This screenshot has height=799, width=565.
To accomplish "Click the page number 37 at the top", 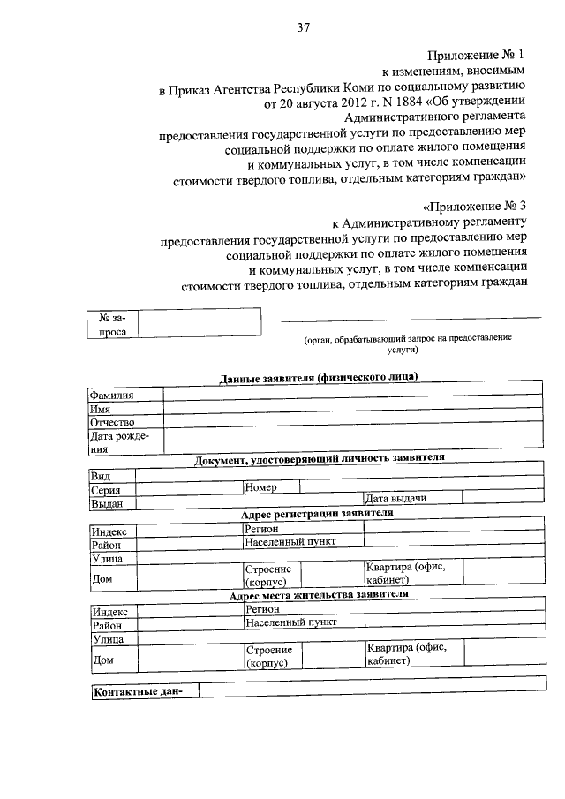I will [x=303, y=26].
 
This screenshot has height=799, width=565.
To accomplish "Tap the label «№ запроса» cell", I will [x=113, y=323].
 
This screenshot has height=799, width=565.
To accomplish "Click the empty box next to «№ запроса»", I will [x=200, y=322].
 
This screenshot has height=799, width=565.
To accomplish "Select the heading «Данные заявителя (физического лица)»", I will [x=318, y=378].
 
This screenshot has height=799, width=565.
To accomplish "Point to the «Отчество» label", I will [x=111, y=422].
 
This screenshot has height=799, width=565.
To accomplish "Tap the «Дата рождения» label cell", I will [x=124, y=441].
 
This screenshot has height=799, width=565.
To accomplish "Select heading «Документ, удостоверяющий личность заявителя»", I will [x=319, y=457].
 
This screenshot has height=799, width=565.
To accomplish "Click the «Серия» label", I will [x=106, y=489].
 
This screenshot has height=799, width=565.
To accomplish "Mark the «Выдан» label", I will [x=107, y=503].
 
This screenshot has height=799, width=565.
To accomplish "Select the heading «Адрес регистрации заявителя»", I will [x=317, y=513].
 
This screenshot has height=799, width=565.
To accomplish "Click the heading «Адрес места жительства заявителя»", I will [x=317, y=595].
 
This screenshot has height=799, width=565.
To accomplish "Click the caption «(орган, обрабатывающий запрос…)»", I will [x=407, y=343].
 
